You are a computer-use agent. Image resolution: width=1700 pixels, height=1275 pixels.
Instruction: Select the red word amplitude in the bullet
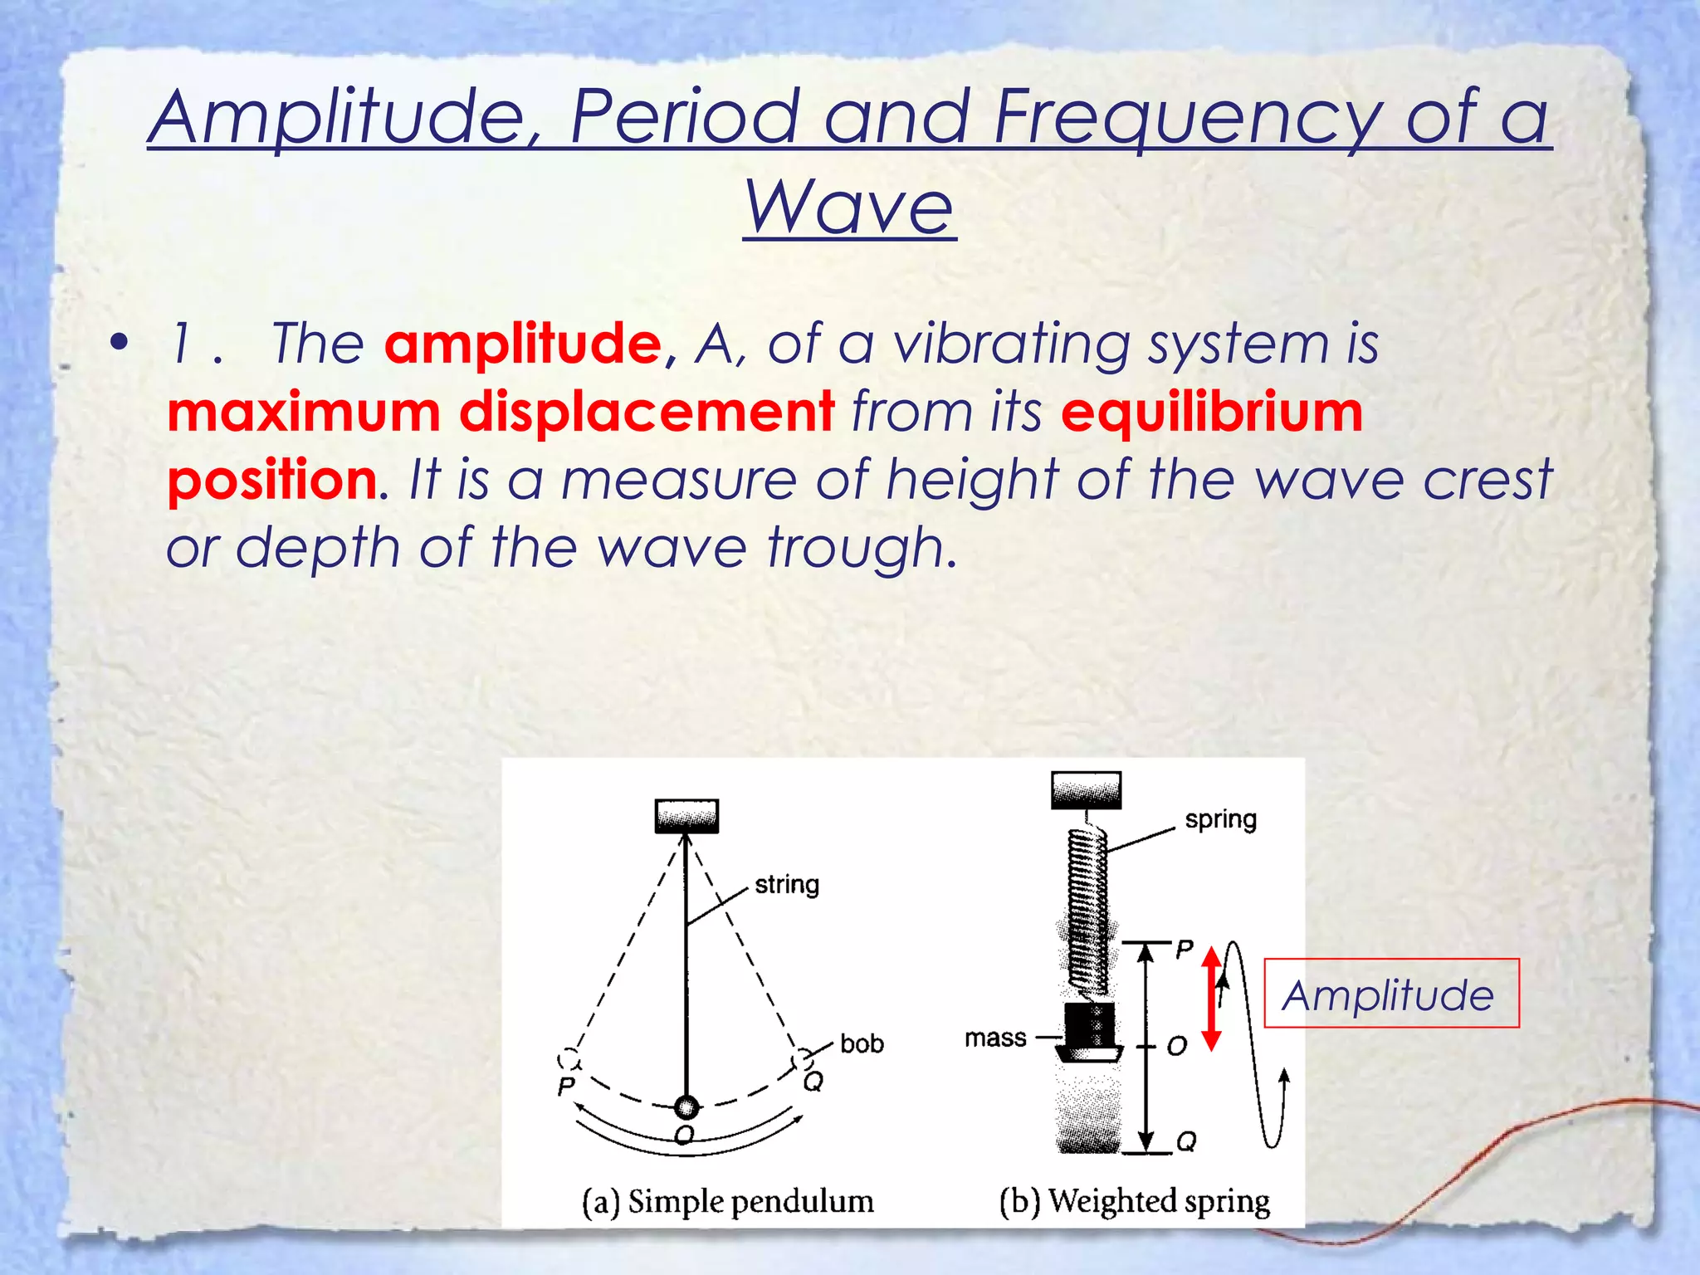tap(523, 344)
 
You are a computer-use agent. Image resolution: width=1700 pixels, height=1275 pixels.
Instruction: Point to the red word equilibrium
tap(1211, 413)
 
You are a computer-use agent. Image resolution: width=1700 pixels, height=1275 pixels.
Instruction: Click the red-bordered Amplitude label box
tap(1390, 994)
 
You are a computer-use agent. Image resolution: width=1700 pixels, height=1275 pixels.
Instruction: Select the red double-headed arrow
tap(1211, 999)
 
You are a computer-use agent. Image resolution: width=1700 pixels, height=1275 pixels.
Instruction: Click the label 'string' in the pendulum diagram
tap(786, 884)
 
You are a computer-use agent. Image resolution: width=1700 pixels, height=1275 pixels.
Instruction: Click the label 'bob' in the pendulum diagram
tap(861, 1043)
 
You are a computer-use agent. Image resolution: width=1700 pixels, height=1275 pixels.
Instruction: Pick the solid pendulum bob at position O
tap(686, 1106)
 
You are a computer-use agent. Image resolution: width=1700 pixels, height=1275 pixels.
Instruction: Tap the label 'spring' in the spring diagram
tap(1220, 819)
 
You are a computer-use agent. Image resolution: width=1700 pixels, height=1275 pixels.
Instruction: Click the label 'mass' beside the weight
tap(995, 1038)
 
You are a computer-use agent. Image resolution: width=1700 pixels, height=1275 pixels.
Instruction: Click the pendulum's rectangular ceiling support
tap(686, 816)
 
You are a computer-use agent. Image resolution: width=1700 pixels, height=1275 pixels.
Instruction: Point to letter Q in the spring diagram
tap(1186, 1141)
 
